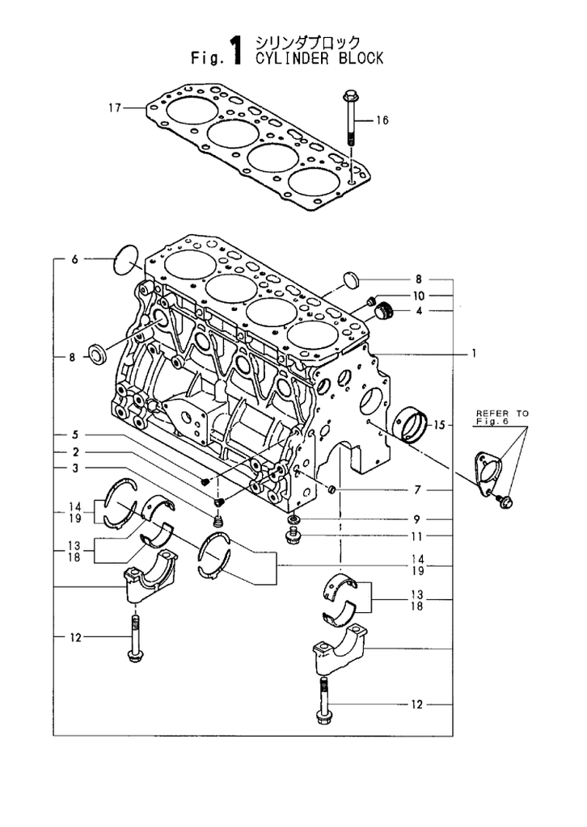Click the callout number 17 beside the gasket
click(x=115, y=108)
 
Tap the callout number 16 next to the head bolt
click(x=382, y=120)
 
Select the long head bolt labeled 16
click(x=350, y=118)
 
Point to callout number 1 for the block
click(x=474, y=354)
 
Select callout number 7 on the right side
click(x=417, y=490)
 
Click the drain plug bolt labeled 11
click(x=292, y=537)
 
